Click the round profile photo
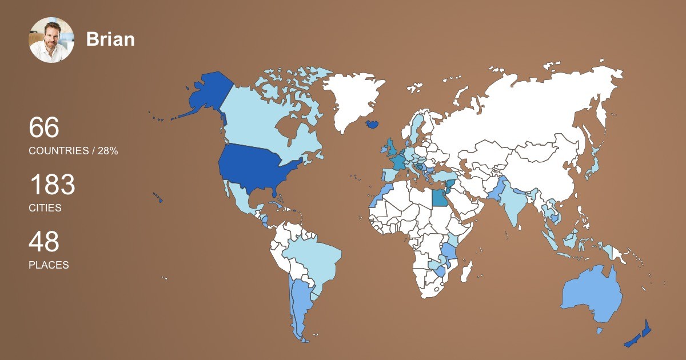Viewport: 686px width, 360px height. click(x=51, y=40)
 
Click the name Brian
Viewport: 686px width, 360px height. click(x=110, y=39)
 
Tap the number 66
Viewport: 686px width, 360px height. click(x=44, y=127)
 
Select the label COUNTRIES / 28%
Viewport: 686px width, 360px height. click(x=73, y=151)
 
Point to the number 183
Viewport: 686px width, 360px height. click(x=52, y=185)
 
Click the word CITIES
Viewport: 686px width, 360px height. click(x=45, y=208)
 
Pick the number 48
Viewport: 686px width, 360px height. click(x=44, y=242)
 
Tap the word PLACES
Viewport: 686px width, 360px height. click(x=49, y=265)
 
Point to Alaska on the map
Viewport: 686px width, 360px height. click(x=206, y=94)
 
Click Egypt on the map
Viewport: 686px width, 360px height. click(x=439, y=198)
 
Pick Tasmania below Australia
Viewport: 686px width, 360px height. click(x=600, y=330)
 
